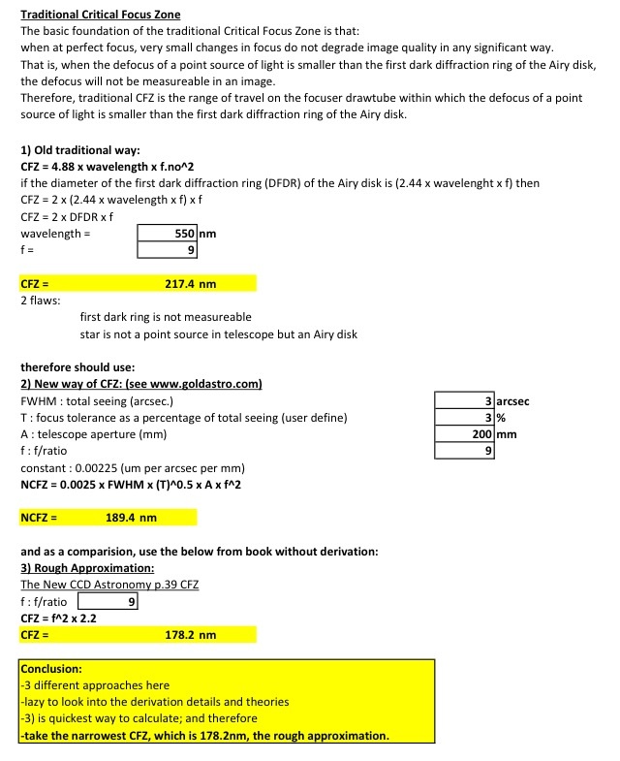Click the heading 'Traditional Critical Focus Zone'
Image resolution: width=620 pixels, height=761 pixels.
point(101,16)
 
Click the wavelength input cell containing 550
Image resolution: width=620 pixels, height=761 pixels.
point(169,234)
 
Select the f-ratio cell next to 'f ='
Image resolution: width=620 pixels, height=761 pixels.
point(169,250)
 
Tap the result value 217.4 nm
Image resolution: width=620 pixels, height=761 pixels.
point(191,284)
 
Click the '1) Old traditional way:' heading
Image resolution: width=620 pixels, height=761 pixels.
point(80,150)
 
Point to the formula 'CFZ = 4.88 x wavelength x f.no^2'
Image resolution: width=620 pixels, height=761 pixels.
point(108,167)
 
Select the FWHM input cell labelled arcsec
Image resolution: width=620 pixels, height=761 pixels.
point(465,401)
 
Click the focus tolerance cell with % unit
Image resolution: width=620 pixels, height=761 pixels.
point(465,418)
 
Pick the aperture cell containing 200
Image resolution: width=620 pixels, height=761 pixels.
point(465,434)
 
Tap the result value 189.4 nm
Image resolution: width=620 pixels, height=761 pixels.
point(131,518)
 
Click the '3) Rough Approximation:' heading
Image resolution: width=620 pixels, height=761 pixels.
point(87,568)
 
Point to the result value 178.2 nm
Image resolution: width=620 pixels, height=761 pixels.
point(191,635)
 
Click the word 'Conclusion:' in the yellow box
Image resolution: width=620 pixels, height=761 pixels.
point(51,669)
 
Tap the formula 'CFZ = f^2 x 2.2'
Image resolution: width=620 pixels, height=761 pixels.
point(58,618)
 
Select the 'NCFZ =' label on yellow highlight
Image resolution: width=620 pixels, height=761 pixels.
point(39,518)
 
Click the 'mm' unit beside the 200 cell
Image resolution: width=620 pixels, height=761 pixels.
point(507,434)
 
